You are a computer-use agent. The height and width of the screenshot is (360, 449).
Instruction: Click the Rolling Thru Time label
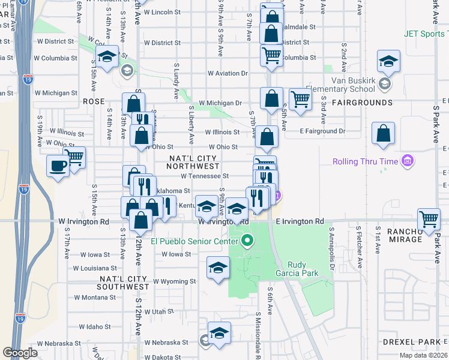tap(367, 161)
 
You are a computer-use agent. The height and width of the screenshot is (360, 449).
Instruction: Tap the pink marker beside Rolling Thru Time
tap(408, 161)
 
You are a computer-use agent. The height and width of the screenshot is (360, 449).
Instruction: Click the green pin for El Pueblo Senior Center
tap(246, 242)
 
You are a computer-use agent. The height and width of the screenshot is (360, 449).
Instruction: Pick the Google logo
tap(20, 352)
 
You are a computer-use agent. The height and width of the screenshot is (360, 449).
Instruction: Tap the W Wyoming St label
tap(174, 281)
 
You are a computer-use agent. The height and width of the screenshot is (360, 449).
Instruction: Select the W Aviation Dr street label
tap(228, 73)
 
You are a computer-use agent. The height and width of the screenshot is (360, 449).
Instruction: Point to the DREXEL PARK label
tap(411, 341)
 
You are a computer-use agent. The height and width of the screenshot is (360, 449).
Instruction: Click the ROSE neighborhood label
tap(94, 102)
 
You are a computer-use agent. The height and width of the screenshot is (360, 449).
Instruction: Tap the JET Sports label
tap(423, 34)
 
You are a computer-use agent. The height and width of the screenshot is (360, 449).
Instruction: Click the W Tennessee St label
tap(205, 176)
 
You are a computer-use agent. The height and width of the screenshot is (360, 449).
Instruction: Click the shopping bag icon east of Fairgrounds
tap(383, 133)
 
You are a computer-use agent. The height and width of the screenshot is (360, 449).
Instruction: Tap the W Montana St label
tap(95, 297)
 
